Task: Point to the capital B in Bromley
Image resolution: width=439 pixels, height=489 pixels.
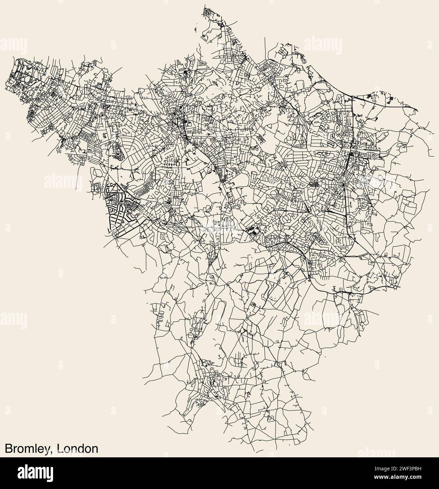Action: (x=8, y=449)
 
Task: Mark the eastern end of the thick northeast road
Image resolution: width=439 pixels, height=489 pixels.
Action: (x=418, y=111)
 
